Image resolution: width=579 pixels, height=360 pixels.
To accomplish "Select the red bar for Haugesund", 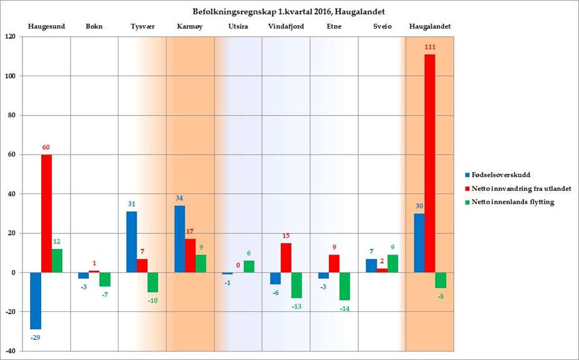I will tap(47, 213).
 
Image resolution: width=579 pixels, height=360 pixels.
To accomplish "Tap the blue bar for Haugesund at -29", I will tap(36, 301).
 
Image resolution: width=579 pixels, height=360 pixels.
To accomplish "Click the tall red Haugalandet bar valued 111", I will tap(430, 163).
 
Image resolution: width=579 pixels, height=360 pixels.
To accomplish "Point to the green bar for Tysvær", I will tap(153, 282).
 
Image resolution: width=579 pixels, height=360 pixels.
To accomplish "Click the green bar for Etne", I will tap(344, 286).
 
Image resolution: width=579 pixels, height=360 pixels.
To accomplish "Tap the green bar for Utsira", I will tap(248, 266).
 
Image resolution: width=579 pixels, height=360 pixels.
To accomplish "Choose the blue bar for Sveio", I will tap(371, 266).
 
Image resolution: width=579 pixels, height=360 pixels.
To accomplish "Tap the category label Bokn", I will tap(94, 27).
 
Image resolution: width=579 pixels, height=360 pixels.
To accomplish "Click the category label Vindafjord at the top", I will tap(285, 27).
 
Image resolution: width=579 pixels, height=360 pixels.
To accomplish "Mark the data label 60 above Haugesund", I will tap(46, 147).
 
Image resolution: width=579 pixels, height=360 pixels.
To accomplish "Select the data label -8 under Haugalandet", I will tap(440, 296).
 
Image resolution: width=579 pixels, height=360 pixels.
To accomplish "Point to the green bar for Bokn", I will tap(105, 280).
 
